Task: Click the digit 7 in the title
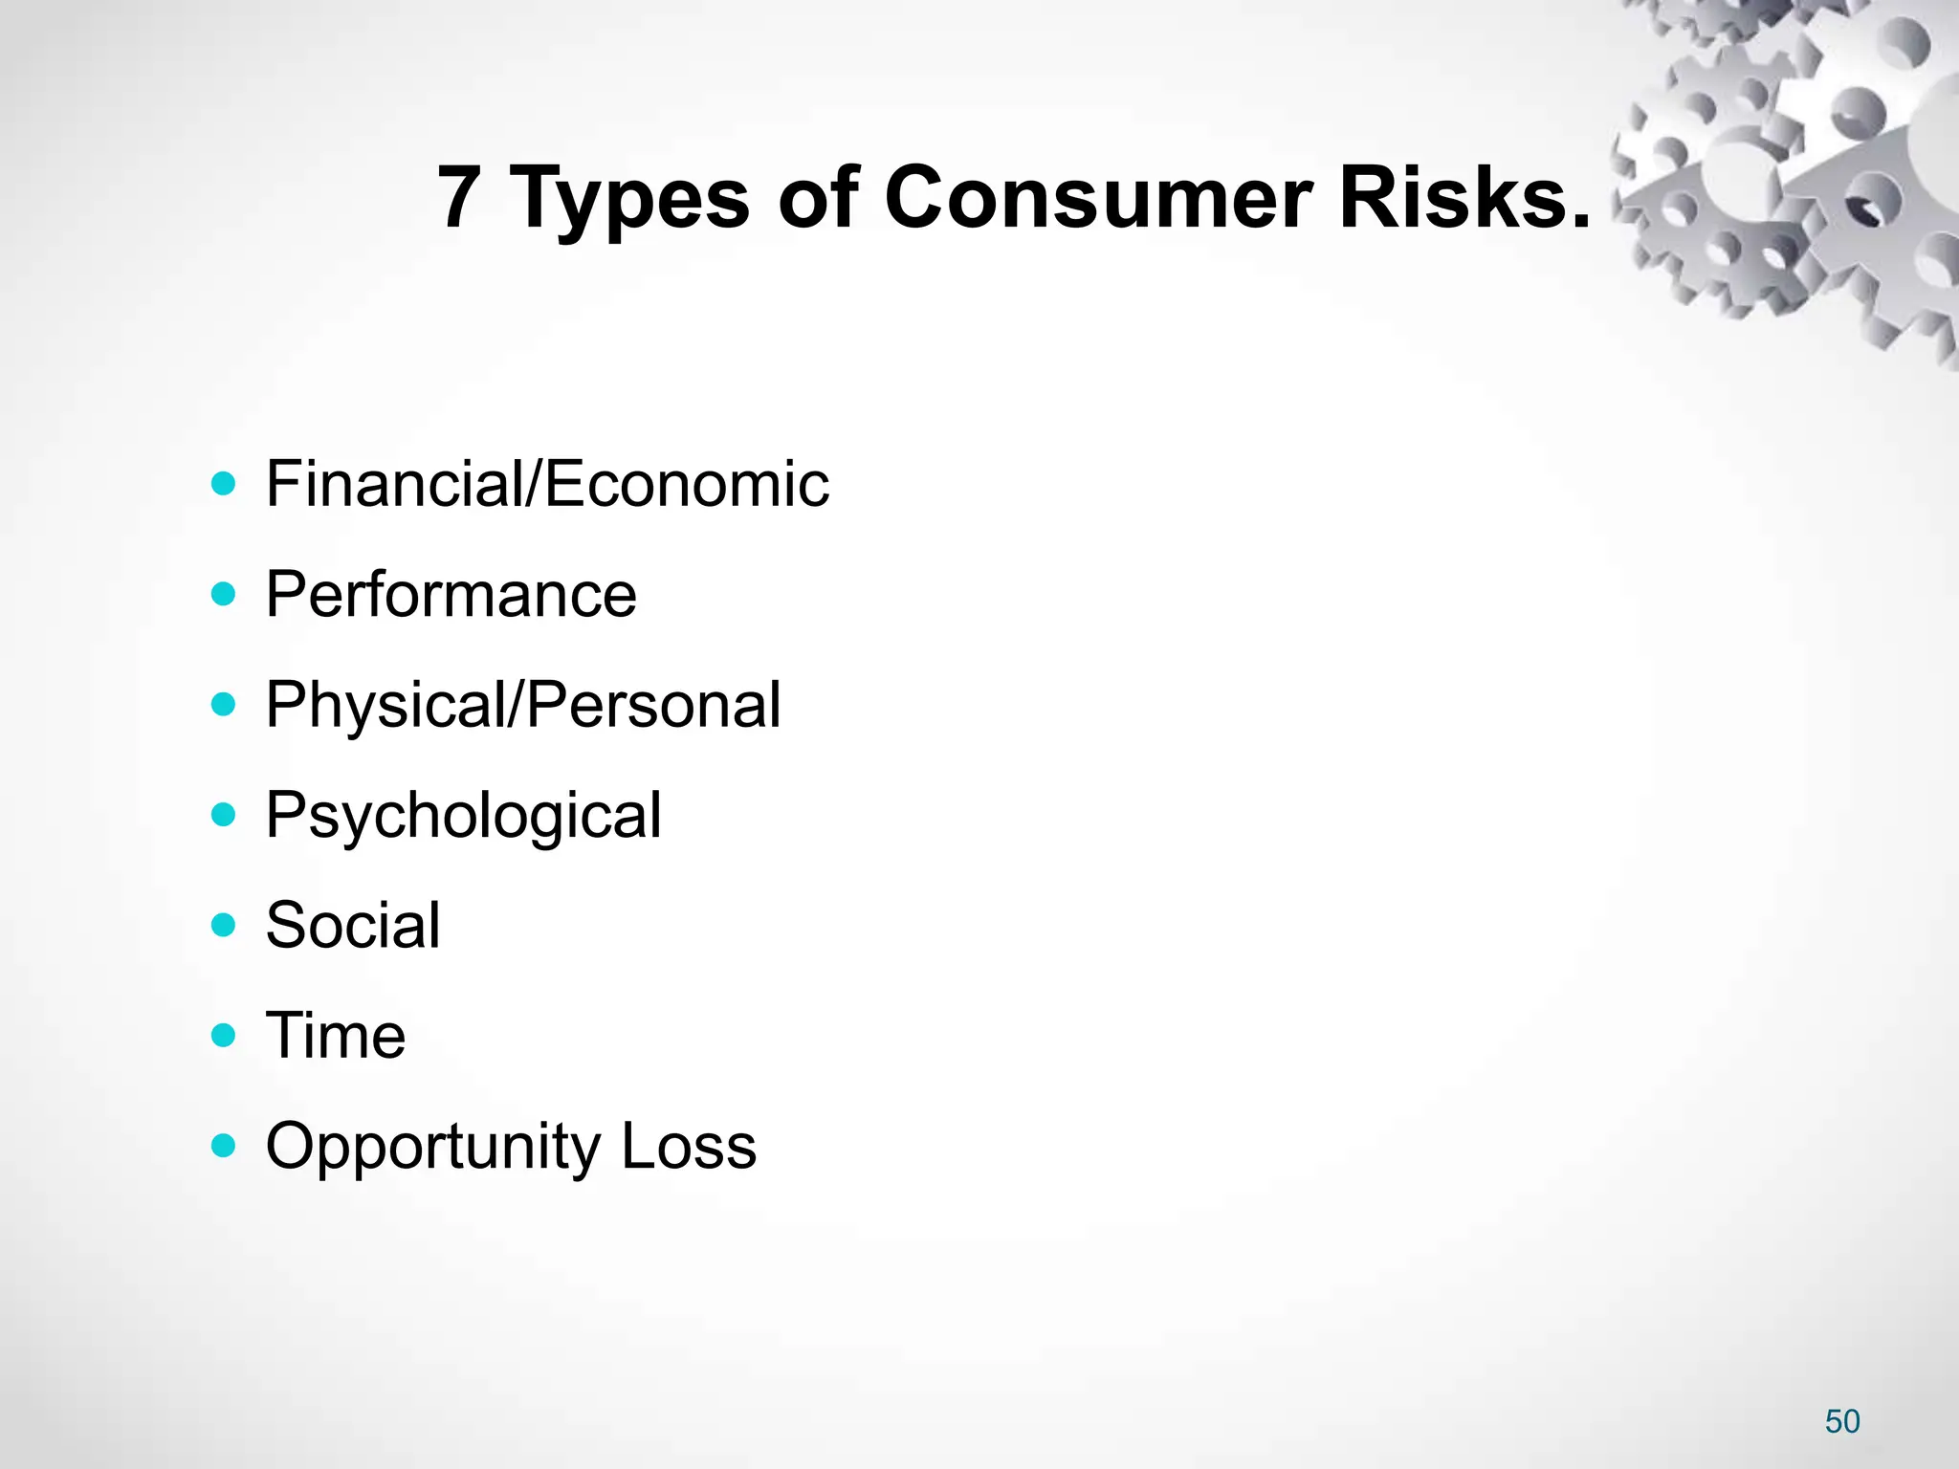pos(458,197)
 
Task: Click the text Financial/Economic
pos(547,484)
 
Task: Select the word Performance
pos(451,595)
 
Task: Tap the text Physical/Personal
pos(523,706)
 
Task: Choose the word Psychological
pos(463,817)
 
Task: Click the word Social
pos(353,926)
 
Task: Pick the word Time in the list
pos(336,1036)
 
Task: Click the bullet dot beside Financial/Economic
pos(223,484)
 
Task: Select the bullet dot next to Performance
pos(223,595)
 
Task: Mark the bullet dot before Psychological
pos(223,816)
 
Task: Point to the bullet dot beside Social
pos(223,926)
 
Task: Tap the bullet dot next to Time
pos(223,1036)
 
